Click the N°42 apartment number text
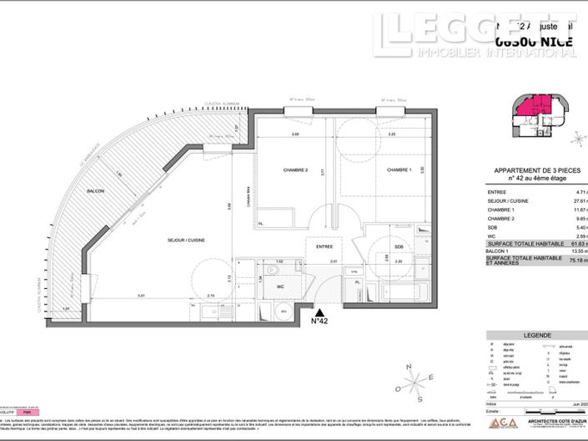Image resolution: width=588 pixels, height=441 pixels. point(319,321)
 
